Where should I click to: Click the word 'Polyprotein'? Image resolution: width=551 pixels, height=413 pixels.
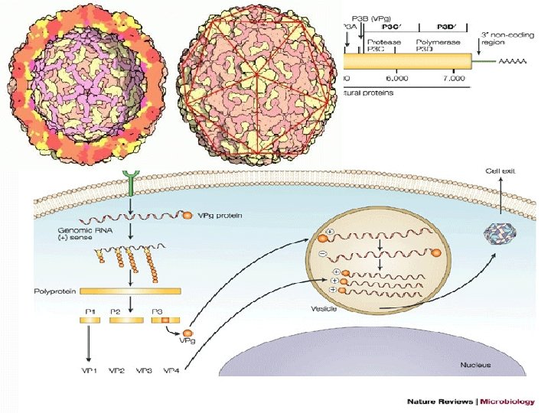[x=55, y=291]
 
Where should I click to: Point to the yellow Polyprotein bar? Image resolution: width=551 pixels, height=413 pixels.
[x=130, y=291]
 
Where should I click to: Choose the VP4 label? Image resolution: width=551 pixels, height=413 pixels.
[x=172, y=371]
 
